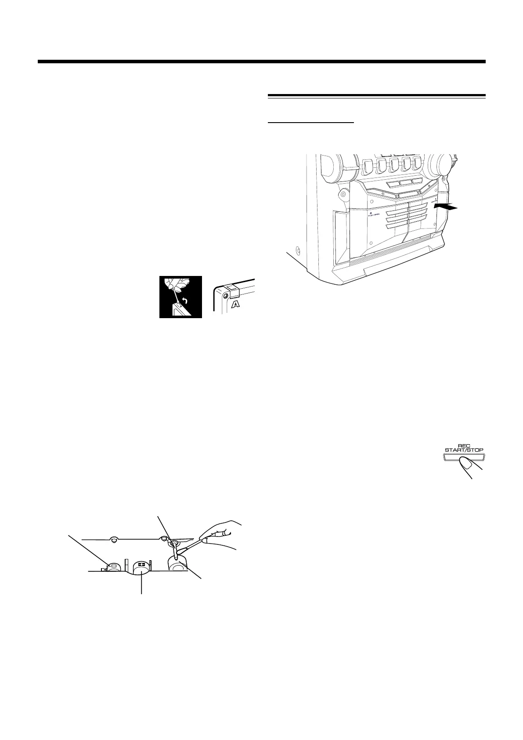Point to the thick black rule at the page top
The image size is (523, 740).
262,62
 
